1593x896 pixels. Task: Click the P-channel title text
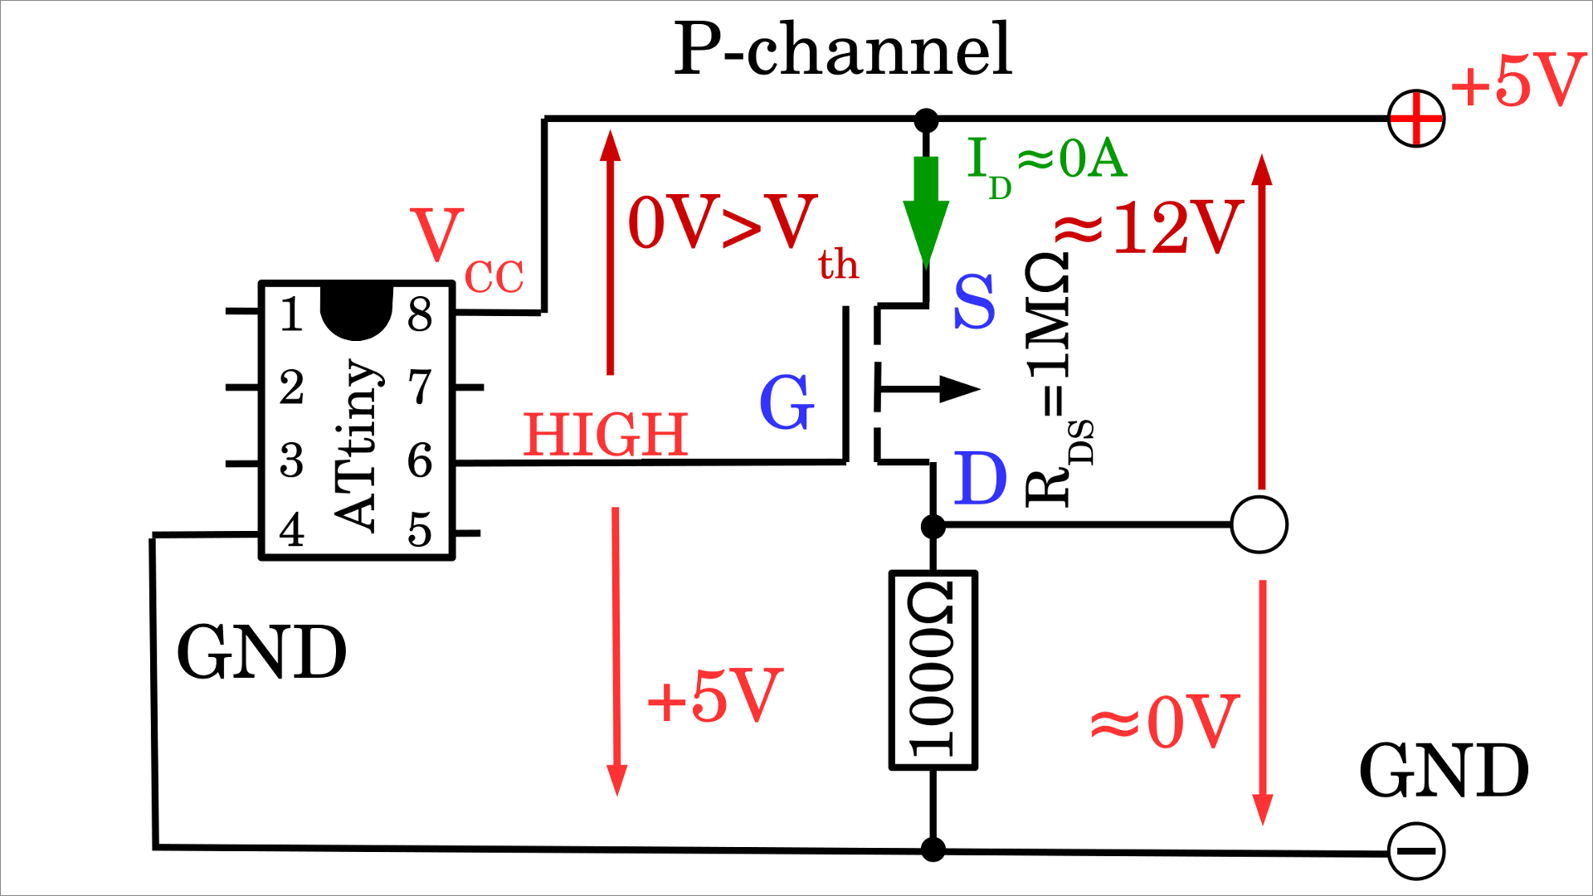pos(842,50)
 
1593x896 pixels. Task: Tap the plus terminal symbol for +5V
pos(1416,119)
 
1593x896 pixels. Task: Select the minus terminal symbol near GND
pos(1416,851)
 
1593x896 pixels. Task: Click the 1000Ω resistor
pos(933,670)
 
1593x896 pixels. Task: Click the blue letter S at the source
pos(974,302)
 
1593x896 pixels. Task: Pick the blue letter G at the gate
pos(787,402)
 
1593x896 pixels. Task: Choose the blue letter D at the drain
pos(980,479)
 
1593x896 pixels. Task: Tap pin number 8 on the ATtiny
pos(420,314)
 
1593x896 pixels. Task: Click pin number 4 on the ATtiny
pos(291,530)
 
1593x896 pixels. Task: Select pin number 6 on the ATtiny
pos(420,460)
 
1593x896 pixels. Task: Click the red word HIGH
pos(606,435)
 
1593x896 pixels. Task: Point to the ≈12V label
pos(1149,227)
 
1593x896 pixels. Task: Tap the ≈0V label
pos(1165,722)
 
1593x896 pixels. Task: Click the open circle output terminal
pos(1259,524)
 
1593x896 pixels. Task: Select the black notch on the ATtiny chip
pos(356,311)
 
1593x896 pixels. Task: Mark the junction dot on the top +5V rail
pos(926,120)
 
